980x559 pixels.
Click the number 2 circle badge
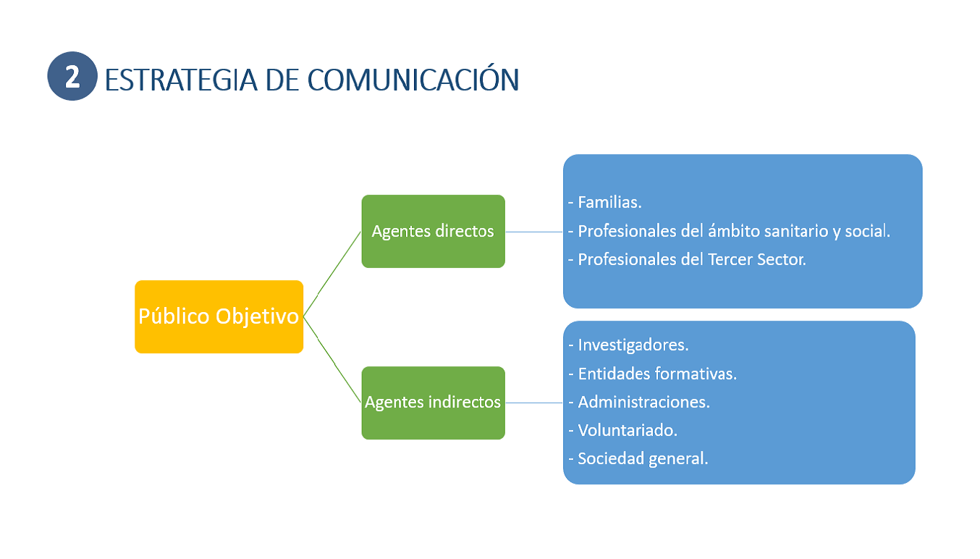72,76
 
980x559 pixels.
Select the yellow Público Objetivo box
219,316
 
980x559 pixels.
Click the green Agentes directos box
433,231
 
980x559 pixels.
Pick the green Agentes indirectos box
433,403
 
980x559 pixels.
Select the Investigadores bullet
631,345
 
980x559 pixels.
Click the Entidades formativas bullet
656,374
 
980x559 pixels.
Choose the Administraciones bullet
642,402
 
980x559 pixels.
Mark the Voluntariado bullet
626,430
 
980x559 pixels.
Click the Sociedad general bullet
641,458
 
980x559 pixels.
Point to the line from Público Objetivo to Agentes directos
332,274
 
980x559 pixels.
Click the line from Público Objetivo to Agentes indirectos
332,359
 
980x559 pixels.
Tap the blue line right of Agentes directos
534,232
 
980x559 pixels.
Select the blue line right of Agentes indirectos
534,403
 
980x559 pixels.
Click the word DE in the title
281,80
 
